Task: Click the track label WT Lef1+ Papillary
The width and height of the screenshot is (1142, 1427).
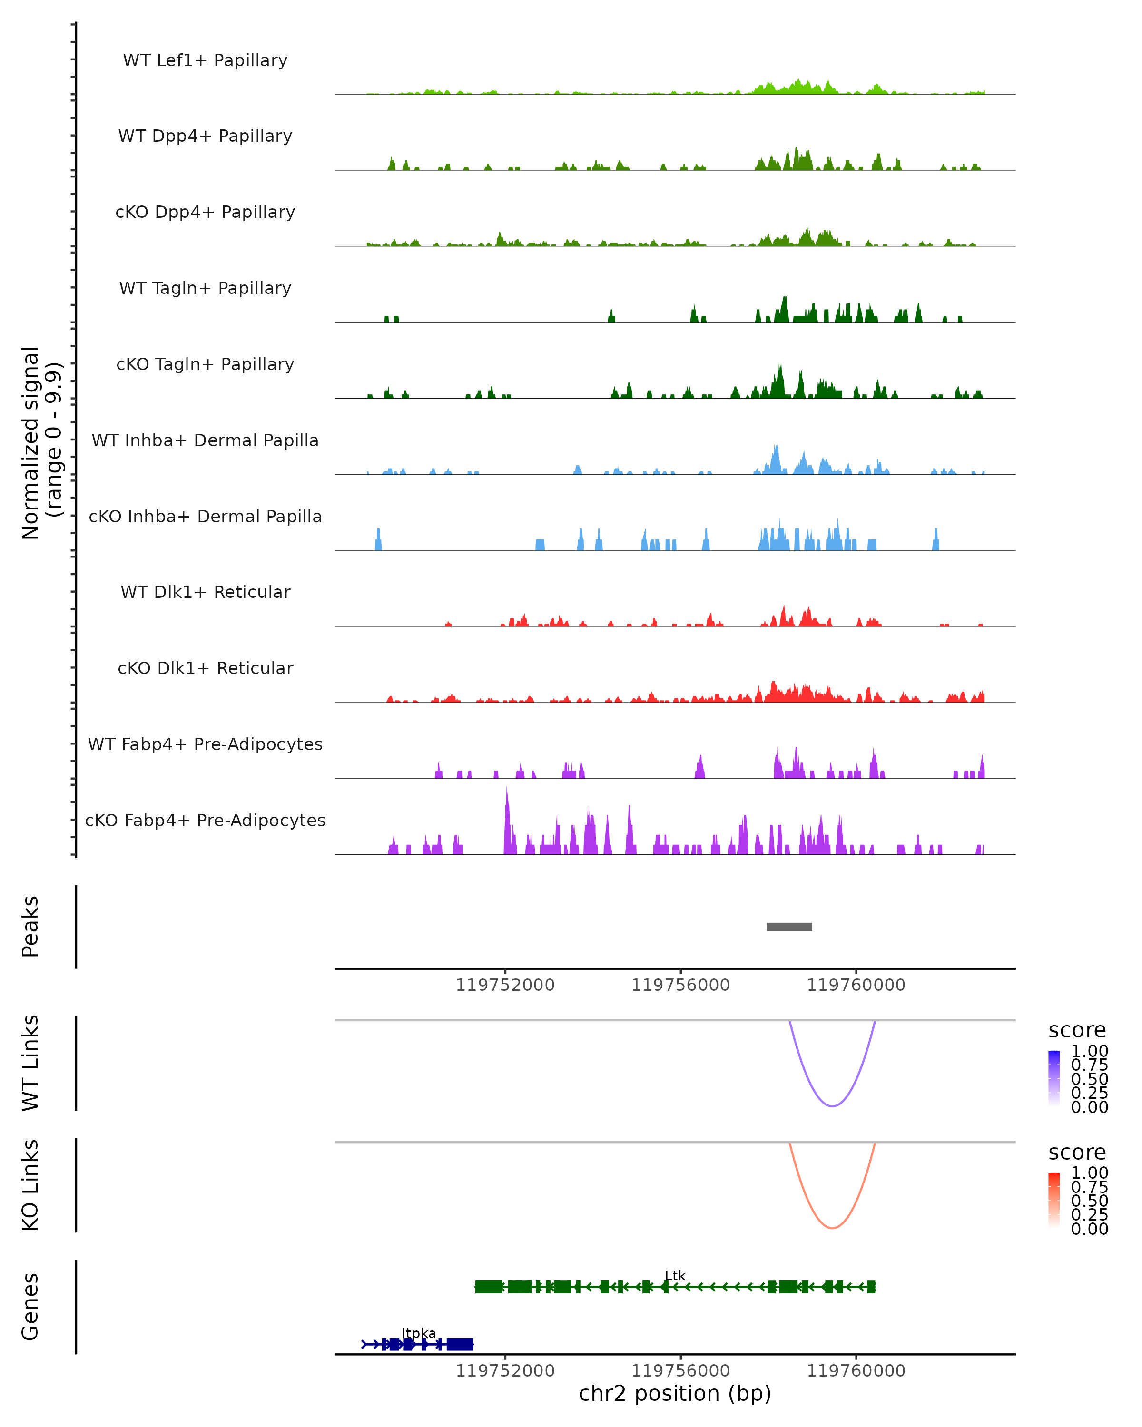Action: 205,60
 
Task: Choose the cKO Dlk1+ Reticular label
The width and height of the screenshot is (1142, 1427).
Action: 205,668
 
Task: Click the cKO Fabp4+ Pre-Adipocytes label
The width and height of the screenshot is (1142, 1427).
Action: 205,820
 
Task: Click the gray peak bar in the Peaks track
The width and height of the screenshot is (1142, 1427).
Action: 789,927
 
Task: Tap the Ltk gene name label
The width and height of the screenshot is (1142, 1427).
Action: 675,1275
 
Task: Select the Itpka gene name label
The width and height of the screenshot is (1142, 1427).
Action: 419,1333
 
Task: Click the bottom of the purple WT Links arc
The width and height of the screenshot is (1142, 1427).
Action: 832,1105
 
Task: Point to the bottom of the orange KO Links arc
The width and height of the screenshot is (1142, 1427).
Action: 832,1228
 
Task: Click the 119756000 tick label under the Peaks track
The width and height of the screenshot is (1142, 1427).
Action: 680,985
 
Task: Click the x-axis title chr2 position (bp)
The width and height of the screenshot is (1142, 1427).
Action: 675,1393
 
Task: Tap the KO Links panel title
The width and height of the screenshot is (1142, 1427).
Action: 30,1185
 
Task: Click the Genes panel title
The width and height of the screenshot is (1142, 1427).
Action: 30,1307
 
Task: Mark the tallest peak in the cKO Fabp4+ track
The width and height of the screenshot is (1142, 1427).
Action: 507,791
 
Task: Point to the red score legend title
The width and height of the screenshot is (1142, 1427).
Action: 1077,1153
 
